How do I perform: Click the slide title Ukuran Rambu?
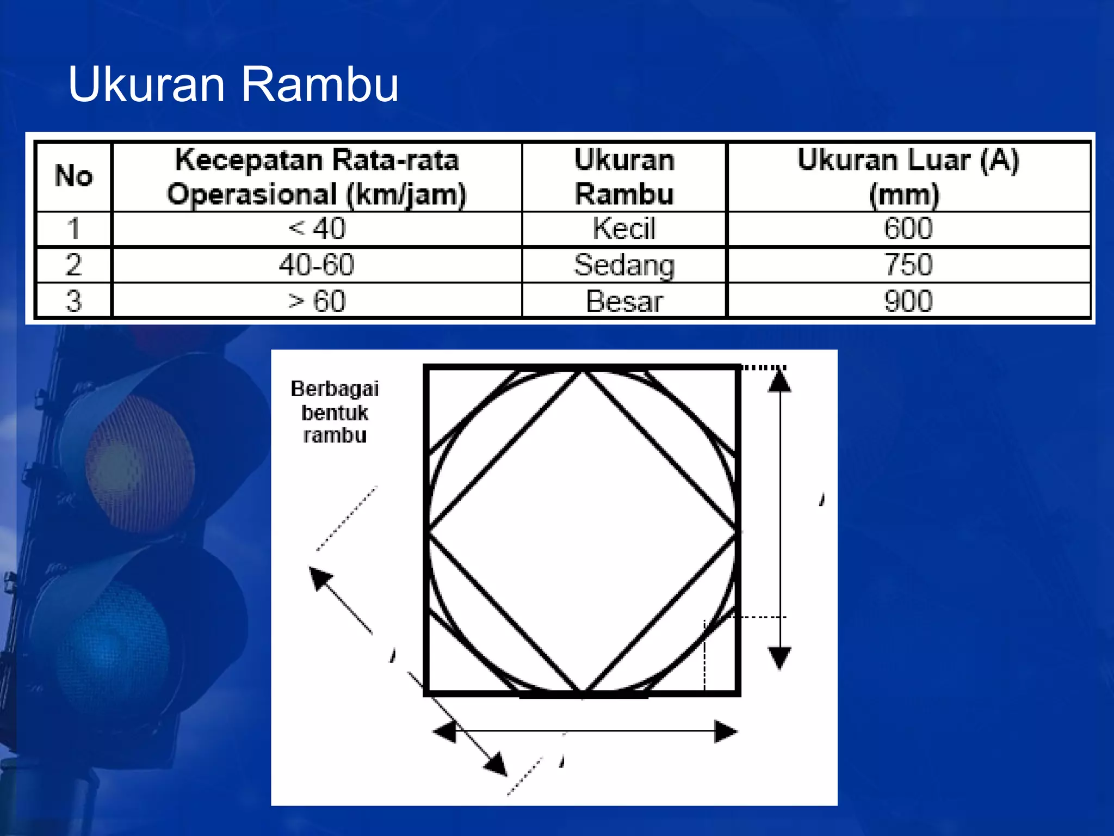click(233, 84)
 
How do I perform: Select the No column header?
click(73, 176)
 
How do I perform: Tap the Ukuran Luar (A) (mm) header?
click(908, 176)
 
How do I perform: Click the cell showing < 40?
click(317, 228)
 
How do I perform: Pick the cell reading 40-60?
click(317, 265)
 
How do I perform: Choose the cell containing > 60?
click(317, 300)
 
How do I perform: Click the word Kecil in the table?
click(624, 228)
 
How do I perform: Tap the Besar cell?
click(624, 301)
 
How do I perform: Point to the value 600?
click(908, 228)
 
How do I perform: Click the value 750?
click(908, 265)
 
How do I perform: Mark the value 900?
click(908, 300)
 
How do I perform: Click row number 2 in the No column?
click(73, 265)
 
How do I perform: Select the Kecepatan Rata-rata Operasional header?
click(317, 176)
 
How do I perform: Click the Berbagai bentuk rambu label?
click(335, 412)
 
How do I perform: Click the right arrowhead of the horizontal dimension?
click(726, 731)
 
